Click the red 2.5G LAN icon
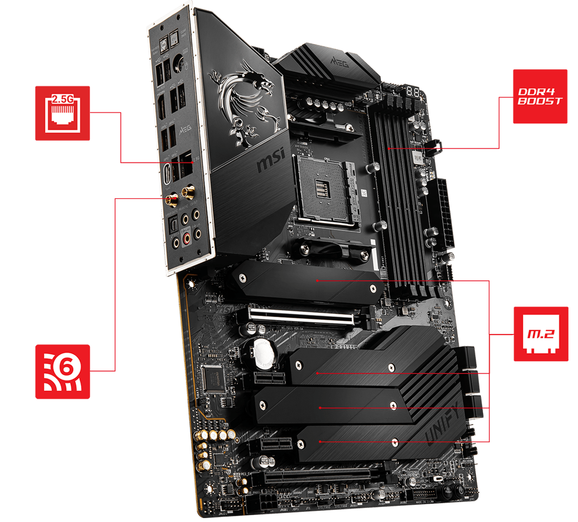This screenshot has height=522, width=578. click(x=63, y=113)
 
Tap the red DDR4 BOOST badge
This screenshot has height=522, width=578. click(x=540, y=96)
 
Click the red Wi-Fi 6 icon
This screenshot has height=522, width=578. click(x=63, y=371)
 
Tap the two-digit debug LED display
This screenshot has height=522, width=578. click(x=413, y=90)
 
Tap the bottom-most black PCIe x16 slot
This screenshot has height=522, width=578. click(x=313, y=477)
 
